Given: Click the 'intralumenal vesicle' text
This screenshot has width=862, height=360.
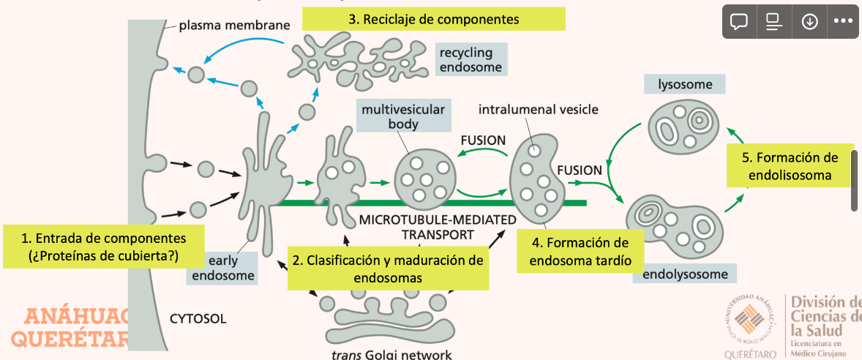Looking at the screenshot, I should pyautogui.click(x=538, y=110).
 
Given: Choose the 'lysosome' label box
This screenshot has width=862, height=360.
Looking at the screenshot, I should pyautogui.click(x=684, y=84).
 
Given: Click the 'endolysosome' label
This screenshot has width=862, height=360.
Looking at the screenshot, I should pyautogui.click(x=685, y=274).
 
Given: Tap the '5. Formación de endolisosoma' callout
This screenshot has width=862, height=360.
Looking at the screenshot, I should pyautogui.click(x=790, y=166).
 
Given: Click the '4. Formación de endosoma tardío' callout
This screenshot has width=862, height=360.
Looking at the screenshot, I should pyautogui.click(x=580, y=250).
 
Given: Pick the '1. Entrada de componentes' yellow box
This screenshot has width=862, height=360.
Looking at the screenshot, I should pyautogui.click(x=103, y=246).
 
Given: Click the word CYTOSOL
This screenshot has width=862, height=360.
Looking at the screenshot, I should pyautogui.click(x=198, y=318).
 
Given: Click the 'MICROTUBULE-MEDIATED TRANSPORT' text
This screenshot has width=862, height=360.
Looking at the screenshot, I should pyautogui.click(x=438, y=228).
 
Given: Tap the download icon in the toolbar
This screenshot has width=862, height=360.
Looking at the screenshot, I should pyautogui.click(x=809, y=21).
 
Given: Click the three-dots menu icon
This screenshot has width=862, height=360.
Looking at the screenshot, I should pyautogui.click(x=844, y=21).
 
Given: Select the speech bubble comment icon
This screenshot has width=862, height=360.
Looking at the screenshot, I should pyautogui.click(x=739, y=21).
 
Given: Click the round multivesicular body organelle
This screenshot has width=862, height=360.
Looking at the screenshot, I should pyautogui.click(x=426, y=179).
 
